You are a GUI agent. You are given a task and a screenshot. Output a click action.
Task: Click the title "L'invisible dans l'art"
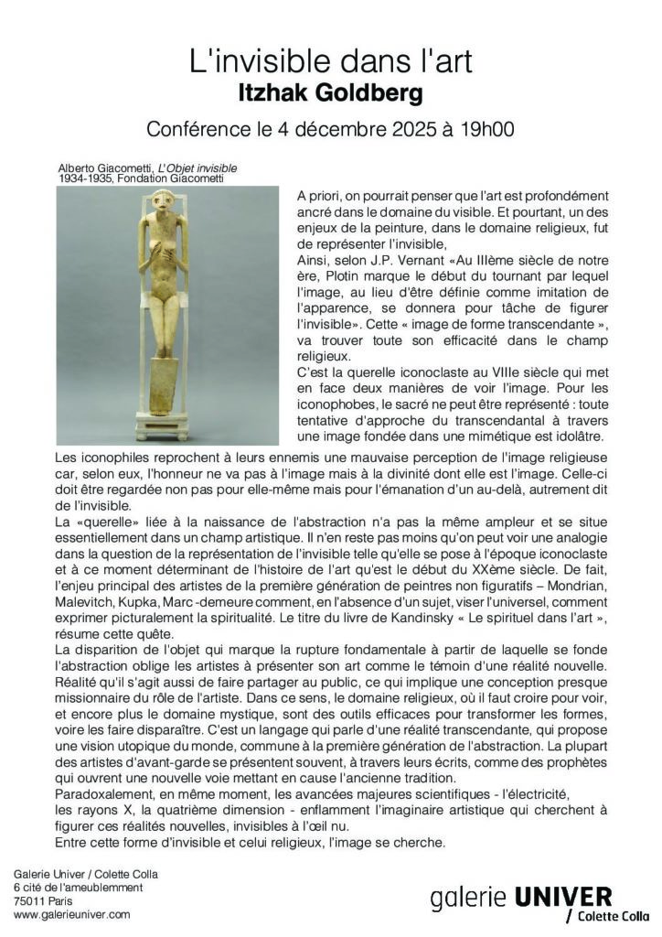(x=330, y=62)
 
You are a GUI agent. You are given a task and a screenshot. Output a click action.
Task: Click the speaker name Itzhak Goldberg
(x=330, y=93)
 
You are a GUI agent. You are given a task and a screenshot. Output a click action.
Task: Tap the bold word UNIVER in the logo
(x=566, y=896)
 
